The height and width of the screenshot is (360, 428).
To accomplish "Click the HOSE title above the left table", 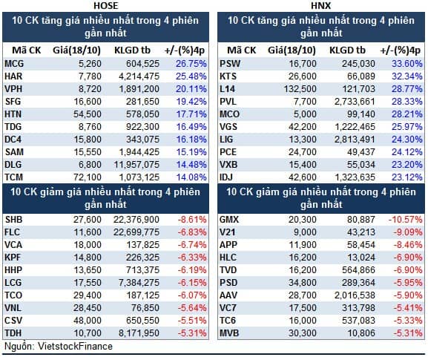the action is click(x=105, y=5).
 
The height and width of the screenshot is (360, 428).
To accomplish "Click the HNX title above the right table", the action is click(x=320, y=5).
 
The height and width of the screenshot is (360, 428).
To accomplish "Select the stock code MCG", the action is click(x=14, y=64).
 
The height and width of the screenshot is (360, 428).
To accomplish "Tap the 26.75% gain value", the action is click(x=191, y=64).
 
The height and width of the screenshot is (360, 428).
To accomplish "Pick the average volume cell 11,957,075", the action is click(x=136, y=165).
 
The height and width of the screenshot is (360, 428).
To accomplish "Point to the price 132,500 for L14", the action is click(x=300, y=89).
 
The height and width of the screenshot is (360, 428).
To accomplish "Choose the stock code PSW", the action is click(x=230, y=64).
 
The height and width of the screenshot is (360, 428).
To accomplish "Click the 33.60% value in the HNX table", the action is click(x=407, y=64).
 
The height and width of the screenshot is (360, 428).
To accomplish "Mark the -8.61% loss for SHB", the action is click(x=192, y=220).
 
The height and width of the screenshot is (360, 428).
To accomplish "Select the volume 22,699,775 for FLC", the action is click(x=136, y=232).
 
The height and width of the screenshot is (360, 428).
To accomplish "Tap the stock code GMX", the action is click(x=229, y=220).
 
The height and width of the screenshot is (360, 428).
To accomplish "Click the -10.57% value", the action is click(x=406, y=220).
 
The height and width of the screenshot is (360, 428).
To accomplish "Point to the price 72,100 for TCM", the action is click(x=88, y=177).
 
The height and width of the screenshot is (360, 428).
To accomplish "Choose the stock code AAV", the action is click(x=228, y=295).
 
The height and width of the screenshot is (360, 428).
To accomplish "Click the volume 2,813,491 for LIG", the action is click(x=355, y=140).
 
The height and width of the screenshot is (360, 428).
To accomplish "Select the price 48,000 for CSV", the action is click(x=88, y=321).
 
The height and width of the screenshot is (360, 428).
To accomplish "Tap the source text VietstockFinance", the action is click(x=75, y=347).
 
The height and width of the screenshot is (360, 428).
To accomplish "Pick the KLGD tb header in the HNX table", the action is click(x=347, y=50).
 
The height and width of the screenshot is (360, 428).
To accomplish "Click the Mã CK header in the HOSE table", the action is click(x=27, y=50).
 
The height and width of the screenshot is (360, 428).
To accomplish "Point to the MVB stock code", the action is click(x=229, y=333).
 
